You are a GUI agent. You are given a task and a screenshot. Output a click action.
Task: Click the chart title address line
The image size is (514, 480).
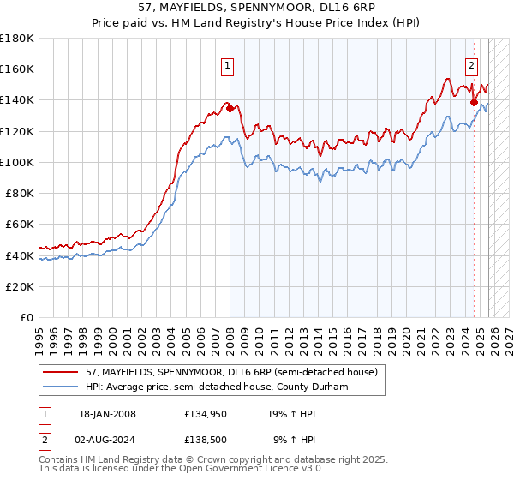pos(257,8)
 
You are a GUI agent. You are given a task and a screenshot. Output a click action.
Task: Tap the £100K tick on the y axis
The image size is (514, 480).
pos(17,162)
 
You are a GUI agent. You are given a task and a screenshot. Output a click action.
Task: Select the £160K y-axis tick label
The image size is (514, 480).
pos(17,69)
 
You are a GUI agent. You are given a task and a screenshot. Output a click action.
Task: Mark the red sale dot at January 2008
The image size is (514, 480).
pos(230,108)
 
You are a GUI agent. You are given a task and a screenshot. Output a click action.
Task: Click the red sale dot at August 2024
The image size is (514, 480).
pos(474,102)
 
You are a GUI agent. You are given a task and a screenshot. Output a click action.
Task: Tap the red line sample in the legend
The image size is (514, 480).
pos(61,372)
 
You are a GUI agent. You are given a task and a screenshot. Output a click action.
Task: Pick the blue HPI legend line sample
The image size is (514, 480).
pos(61,387)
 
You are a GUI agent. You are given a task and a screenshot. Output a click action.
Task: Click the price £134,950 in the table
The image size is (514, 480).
pos(204,414)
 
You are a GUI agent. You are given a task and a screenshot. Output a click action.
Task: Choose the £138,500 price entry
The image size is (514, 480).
pos(204,441)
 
